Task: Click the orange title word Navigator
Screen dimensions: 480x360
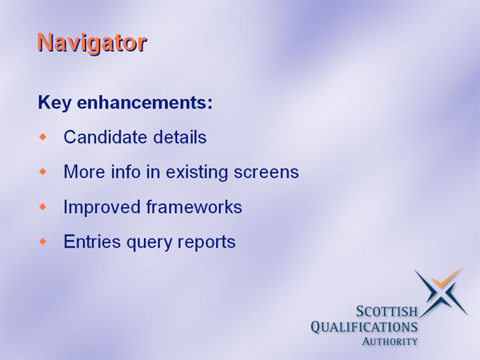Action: click(x=92, y=43)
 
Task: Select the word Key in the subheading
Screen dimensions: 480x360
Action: click(x=55, y=103)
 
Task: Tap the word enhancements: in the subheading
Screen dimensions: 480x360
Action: click(x=145, y=102)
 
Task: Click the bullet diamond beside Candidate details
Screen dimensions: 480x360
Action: click(x=43, y=136)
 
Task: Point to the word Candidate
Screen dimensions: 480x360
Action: click(x=105, y=136)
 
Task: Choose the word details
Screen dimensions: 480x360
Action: click(x=180, y=136)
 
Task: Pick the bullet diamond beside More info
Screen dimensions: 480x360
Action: click(x=43, y=172)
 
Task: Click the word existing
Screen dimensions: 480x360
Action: click(x=196, y=172)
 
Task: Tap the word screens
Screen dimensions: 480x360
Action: click(x=266, y=172)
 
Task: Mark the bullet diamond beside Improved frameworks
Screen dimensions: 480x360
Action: click(x=43, y=207)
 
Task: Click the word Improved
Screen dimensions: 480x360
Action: click(x=102, y=207)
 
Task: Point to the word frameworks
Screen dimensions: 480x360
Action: click(x=194, y=207)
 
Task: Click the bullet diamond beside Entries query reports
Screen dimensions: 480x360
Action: click(x=43, y=241)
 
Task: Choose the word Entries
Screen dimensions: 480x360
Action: click(x=92, y=241)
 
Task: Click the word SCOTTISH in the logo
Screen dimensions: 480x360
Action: click(x=387, y=311)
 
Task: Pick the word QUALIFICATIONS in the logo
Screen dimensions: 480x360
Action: click(x=364, y=327)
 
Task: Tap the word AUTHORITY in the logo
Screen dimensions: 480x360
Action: click(x=390, y=341)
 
